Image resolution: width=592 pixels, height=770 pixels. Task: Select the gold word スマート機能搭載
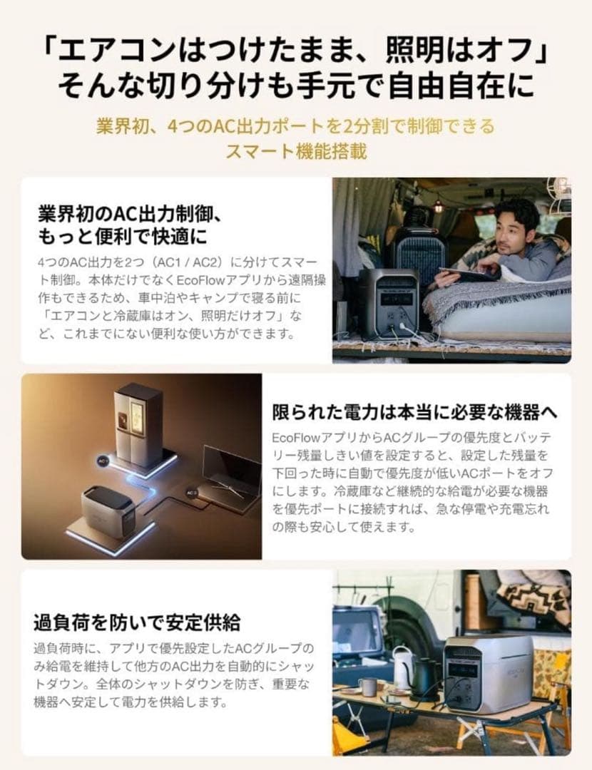296,152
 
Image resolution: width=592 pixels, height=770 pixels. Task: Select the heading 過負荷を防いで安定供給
137,622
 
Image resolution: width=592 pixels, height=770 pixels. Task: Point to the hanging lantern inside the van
438,207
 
